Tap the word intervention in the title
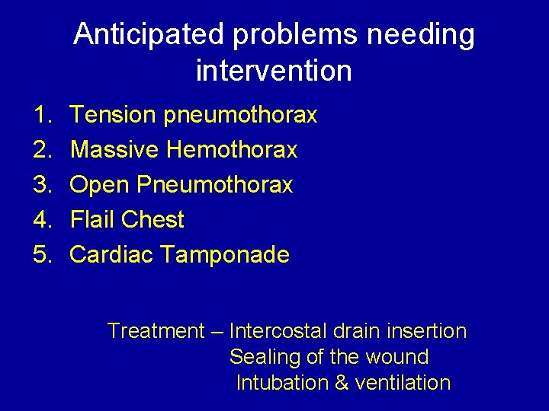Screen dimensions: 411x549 point(274,71)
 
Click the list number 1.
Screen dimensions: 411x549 point(41,116)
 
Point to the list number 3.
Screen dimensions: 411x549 point(41,185)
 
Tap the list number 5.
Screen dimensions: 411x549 point(41,254)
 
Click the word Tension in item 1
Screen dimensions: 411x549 point(113,116)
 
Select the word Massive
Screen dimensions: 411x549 point(115,150)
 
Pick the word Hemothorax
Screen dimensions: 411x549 point(232,150)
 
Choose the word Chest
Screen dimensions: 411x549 point(152,220)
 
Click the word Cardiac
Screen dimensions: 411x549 point(112,254)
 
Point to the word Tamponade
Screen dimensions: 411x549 point(225,254)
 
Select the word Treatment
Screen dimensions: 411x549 point(156,331)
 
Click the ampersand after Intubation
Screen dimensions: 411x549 point(342,383)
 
